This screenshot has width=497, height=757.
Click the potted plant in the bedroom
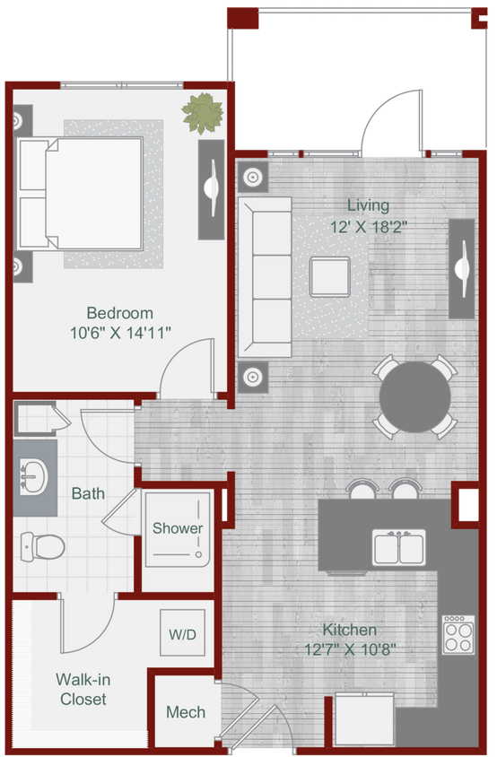[x=202, y=113]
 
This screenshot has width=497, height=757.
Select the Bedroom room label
[x=119, y=313]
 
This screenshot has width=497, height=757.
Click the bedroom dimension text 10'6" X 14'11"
[x=120, y=333]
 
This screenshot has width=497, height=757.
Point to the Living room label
[x=369, y=205]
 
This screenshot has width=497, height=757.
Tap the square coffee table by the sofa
[x=329, y=276]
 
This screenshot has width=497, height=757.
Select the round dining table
[x=414, y=396]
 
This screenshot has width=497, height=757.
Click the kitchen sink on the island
[x=399, y=546]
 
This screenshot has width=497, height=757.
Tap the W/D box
[x=182, y=634]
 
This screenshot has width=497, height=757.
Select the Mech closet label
[x=186, y=712]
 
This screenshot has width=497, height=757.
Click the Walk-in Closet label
[x=83, y=689]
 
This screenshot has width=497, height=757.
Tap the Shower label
[x=177, y=528]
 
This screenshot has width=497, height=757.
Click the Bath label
[x=88, y=493]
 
